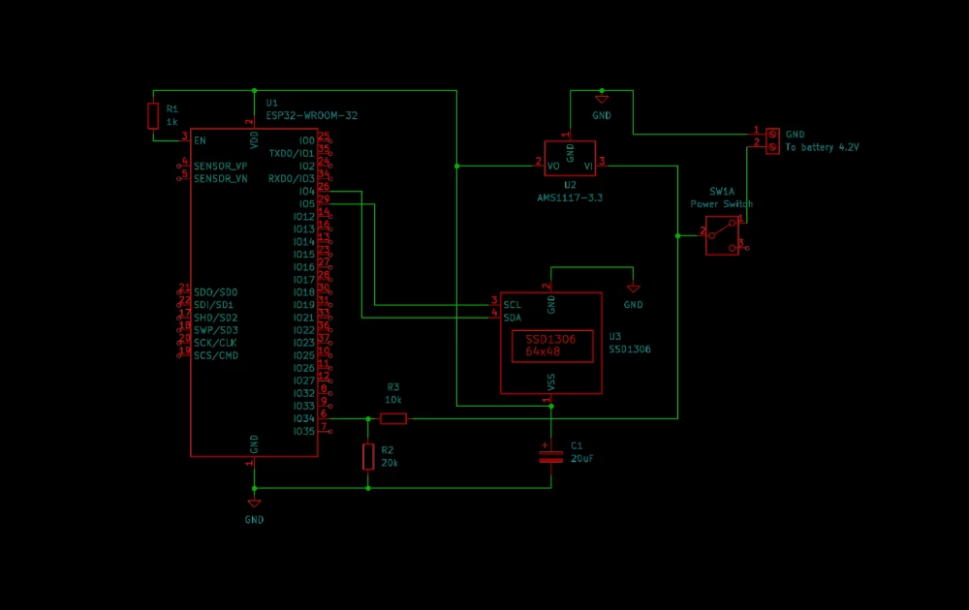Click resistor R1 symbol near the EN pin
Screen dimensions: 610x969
tap(152, 115)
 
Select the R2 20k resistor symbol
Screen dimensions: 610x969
tap(368, 456)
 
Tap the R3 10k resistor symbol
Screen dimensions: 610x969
tap(393, 418)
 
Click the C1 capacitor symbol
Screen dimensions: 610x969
tap(550, 455)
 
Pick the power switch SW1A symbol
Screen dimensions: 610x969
tap(722, 235)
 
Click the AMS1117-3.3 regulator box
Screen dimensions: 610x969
tap(570, 158)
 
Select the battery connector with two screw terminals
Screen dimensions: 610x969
tap(772, 140)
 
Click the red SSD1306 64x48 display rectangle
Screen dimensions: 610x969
tap(550, 346)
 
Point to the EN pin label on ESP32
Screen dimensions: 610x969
tap(200, 141)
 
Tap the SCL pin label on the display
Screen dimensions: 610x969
tap(512, 305)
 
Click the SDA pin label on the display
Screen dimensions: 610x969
tap(512, 318)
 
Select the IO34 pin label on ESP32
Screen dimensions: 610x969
tap(303, 418)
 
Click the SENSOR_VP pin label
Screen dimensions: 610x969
tap(220, 167)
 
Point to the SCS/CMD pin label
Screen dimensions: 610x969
tap(215, 355)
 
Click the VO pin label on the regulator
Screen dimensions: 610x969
tap(553, 167)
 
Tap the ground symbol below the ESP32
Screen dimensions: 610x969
tap(254, 503)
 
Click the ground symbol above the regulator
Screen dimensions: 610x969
tap(601, 100)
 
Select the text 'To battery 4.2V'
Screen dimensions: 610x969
tap(822, 148)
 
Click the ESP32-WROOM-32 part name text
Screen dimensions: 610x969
tap(311, 115)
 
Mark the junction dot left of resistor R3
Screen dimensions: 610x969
tap(368, 418)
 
